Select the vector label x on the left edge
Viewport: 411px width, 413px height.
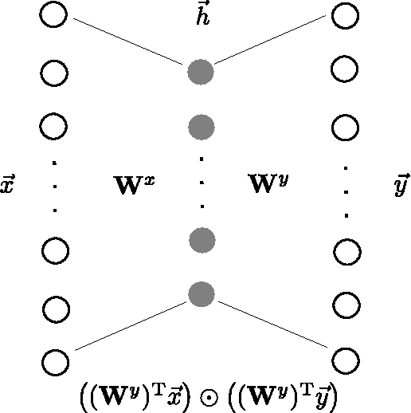point(8,186)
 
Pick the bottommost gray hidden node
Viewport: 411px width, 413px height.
point(202,294)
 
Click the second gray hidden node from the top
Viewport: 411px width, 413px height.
point(202,126)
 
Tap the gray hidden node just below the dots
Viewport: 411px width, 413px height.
point(202,239)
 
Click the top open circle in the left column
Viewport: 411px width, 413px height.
point(54,16)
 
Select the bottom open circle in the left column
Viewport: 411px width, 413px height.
point(54,360)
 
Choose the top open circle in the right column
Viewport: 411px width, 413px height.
point(345,16)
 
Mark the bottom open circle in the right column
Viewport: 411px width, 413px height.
point(345,359)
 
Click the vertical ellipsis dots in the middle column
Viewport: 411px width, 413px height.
point(202,183)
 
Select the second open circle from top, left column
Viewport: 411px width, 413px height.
point(54,73)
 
